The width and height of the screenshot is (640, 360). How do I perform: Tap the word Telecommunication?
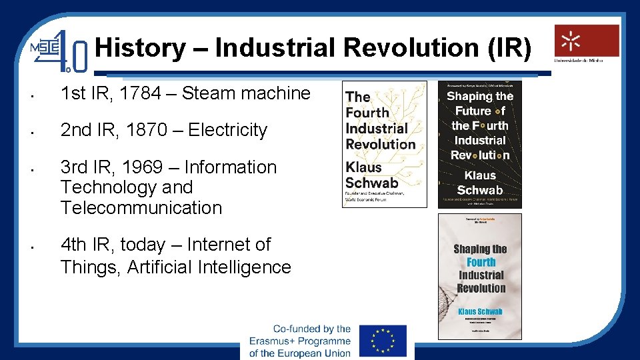[x=141, y=207]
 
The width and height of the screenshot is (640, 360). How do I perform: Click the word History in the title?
[x=141, y=48]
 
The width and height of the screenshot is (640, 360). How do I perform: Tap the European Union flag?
[x=383, y=341]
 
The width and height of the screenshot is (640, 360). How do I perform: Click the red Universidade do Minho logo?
[x=587, y=41]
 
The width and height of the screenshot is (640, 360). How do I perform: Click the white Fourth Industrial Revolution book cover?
[x=385, y=144]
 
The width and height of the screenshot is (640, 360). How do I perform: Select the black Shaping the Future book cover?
[x=480, y=144]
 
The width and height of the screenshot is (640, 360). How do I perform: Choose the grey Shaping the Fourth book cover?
[x=480, y=276]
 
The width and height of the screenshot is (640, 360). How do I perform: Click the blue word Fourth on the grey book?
[x=481, y=262]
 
